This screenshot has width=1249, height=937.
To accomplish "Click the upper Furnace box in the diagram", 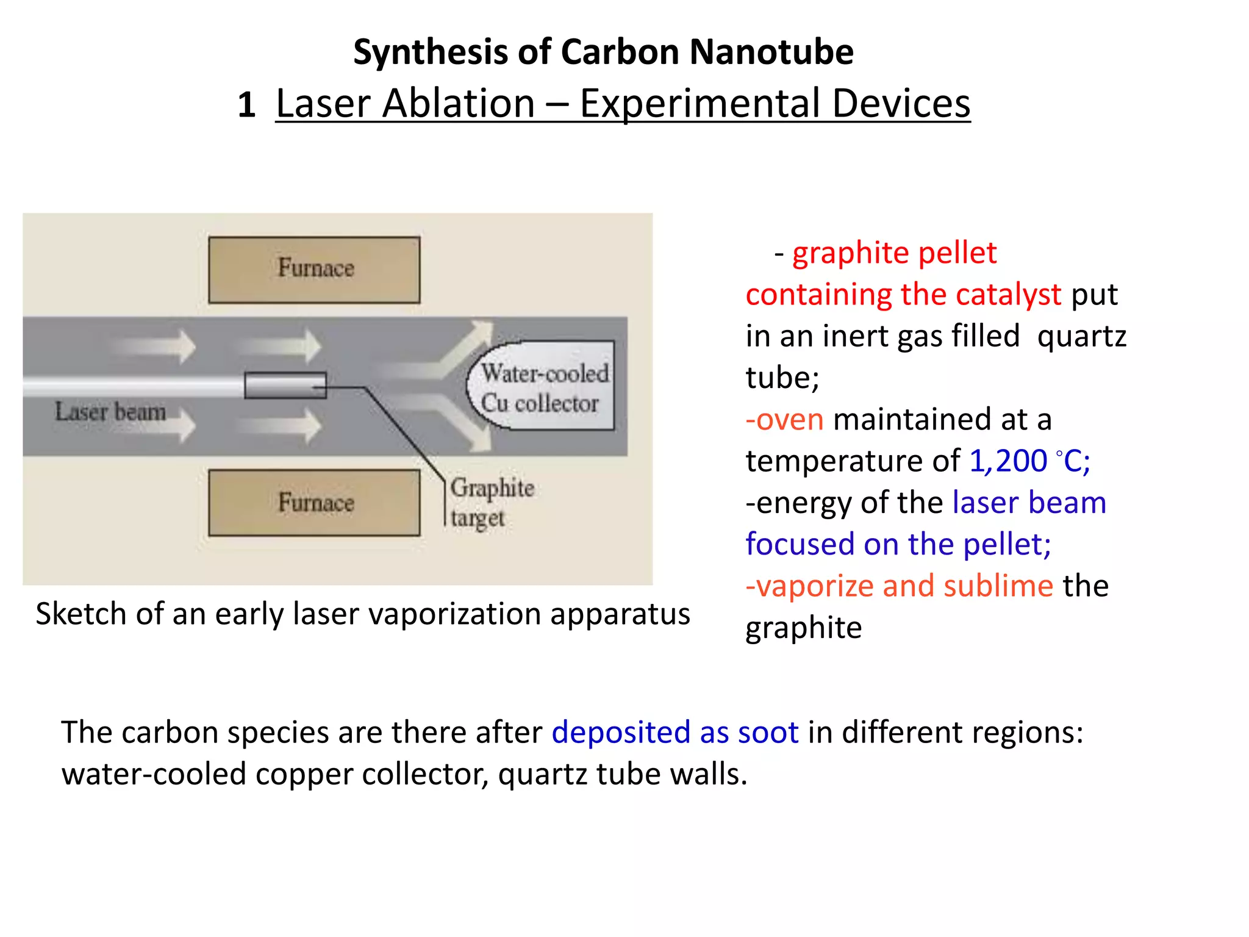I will coord(314,270).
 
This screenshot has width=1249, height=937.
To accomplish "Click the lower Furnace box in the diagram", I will coord(314,503).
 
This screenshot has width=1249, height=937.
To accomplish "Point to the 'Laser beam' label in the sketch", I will coord(110,412).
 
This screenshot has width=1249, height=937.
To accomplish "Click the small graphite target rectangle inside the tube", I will coord(285,386).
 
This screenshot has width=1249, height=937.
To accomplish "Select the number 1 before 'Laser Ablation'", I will coord(246,105).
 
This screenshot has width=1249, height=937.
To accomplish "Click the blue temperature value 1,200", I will coord(1007,461).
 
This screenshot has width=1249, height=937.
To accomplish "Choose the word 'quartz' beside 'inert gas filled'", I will coord(1081,336).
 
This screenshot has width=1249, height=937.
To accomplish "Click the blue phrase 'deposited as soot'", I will coord(675,732).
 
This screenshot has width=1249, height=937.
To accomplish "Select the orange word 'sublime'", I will coord(998,586).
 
